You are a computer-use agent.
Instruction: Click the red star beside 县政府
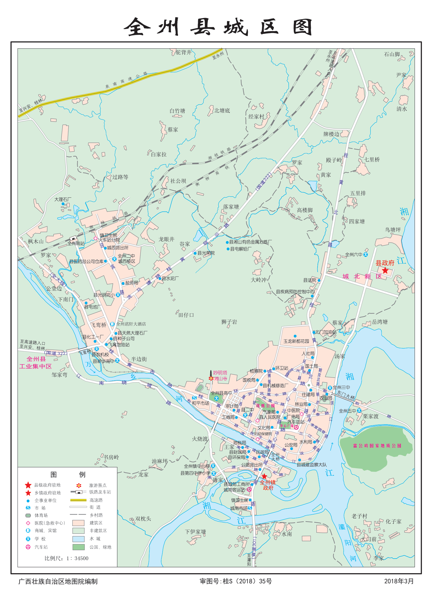pyautogui.click(x=385, y=270)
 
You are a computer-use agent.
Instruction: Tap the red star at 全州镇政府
pyautogui.click(x=264, y=476)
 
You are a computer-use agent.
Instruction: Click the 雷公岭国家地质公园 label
pyautogui.click(x=377, y=446)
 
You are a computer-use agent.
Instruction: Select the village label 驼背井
pyautogui.click(x=184, y=52)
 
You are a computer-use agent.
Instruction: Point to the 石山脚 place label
pyautogui.click(x=392, y=54)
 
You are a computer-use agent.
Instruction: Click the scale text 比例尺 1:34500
pyautogui.click(x=66, y=558)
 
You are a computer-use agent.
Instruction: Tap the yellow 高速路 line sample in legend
pyautogui.click(x=78, y=500)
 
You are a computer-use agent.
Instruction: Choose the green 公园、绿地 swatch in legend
pyautogui.click(x=78, y=547)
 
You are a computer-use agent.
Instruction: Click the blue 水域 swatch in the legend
pyautogui.click(x=78, y=539)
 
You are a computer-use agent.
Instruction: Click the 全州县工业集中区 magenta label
pyautogui.click(x=36, y=363)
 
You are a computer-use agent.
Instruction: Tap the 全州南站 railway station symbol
pyautogui.click(x=73, y=238)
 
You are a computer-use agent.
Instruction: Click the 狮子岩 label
pyautogui.click(x=229, y=322)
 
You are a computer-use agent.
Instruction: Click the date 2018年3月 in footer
pyautogui.click(x=399, y=581)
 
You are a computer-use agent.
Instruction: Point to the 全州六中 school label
pyautogui.click(x=353, y=255)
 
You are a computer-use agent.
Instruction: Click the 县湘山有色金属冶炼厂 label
pyautogui.click(x=250, y=242)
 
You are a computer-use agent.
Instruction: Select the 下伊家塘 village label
pyautogui.click(x=195, y=532)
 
